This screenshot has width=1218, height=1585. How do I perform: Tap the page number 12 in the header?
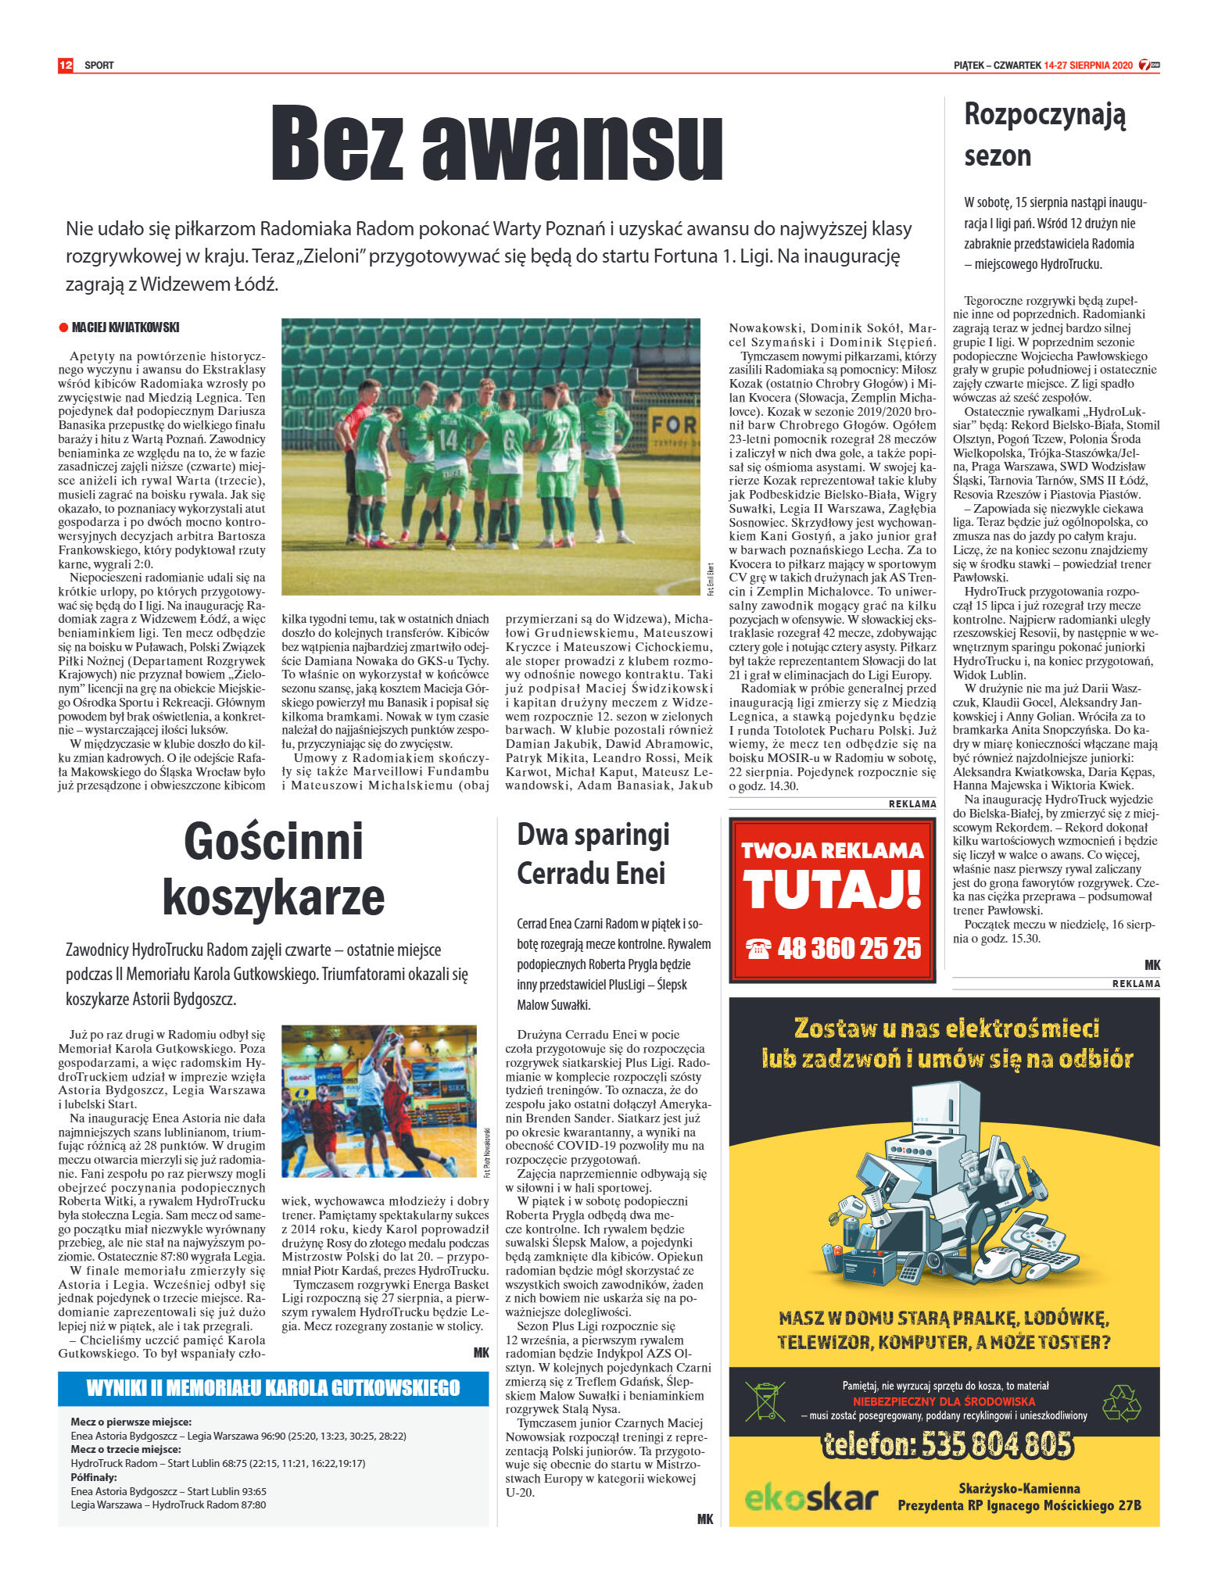tap(66, 65)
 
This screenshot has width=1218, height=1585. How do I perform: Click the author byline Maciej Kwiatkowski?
tap(125, 327)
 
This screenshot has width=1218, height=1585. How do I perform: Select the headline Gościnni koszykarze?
tap(273, 868)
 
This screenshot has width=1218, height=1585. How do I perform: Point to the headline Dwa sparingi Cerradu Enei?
tap(593, 853)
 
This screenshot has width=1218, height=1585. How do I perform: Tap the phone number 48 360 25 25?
tap(848, 948)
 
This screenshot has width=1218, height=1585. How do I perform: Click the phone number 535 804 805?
tap(947, 1444)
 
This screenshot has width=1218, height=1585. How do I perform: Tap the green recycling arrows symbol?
tap(1121, 1401)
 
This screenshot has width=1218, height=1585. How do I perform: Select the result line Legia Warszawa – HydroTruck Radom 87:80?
tap(168, 1504)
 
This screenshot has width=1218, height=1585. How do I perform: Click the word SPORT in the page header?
tap(99, 66)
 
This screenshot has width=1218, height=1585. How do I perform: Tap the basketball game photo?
tap(379, 1100)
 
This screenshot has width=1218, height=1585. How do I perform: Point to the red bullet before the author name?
tap(63, 327)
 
